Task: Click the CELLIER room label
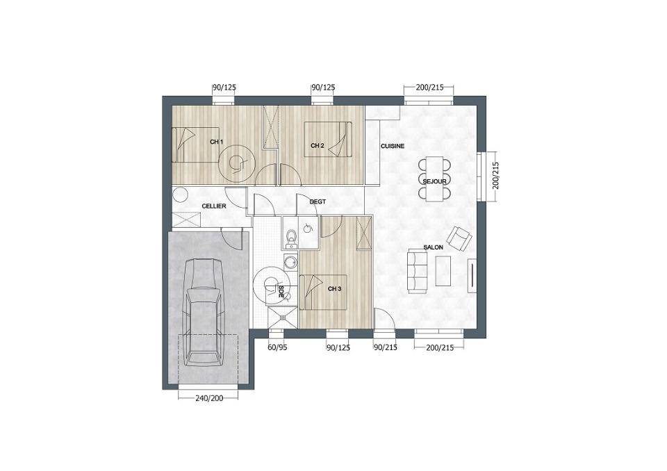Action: click(x=213, y=206)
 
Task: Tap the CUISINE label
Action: click(x=392, y=146)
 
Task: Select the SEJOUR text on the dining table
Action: click(x=434, y=182)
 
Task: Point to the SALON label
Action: click(x=433, y=247)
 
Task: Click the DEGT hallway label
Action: click(x=318, y=201)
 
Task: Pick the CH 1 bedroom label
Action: click(x=217, y=142)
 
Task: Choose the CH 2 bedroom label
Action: click(x=318, y=145)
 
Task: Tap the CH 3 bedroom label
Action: click(x=334, y=289)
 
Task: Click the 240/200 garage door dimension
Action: click(x=209, y=399)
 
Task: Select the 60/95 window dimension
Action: click(x=277, y=347)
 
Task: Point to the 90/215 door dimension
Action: click(x=386, y=347)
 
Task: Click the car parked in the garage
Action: click(x=204, y=312)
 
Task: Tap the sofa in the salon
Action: click(x=418, y=271)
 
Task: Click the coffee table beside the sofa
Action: click(x=443, y=271)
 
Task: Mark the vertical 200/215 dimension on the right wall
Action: click(x=495, y=176)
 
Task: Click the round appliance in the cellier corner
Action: click(x=181, y=195)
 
